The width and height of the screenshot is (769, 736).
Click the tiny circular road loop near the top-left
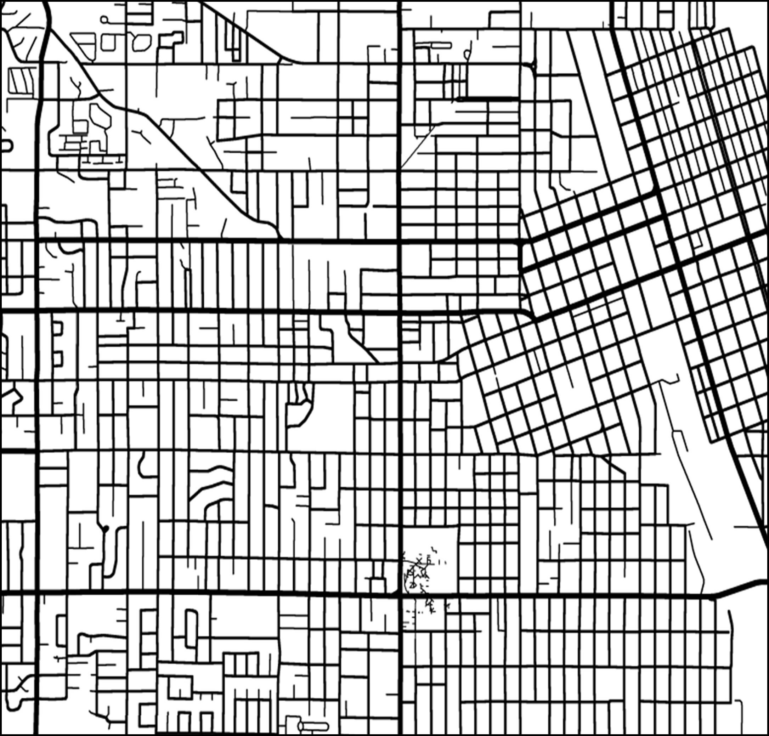click(104, 19)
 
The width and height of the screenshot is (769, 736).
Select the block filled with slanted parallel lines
click(21, 81)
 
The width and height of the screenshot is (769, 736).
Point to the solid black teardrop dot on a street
click(105, 529)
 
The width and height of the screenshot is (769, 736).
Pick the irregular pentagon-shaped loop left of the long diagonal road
click(100, 115)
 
